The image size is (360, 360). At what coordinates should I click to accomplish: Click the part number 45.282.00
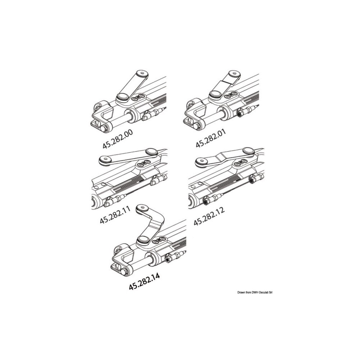click(x=118, y=139)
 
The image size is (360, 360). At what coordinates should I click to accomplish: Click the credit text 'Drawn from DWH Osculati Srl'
click(x=255, y=292)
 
